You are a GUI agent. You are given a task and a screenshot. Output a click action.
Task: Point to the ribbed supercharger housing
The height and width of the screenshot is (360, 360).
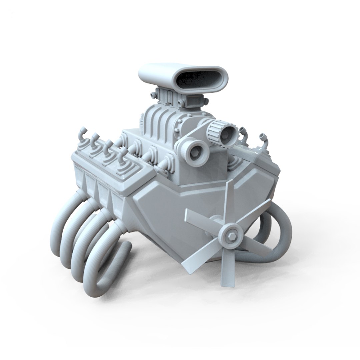coord(160,123)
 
